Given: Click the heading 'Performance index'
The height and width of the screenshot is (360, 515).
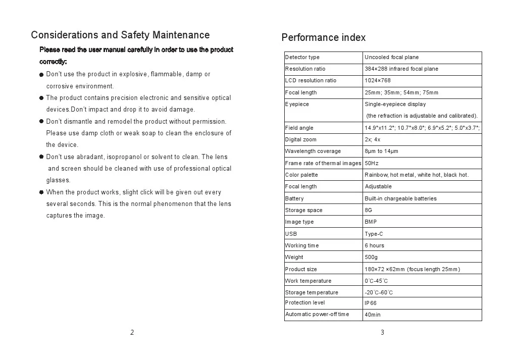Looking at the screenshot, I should point(323,38).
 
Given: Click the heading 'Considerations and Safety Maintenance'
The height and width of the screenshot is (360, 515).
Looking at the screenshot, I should point(120,35).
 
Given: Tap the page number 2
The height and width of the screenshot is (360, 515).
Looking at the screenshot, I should point(132,332).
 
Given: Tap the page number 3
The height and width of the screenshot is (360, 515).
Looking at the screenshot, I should point(382,332).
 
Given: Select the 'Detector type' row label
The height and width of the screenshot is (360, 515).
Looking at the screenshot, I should point(302,58).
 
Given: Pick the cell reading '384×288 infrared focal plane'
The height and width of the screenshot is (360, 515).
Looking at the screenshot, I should point(401,69).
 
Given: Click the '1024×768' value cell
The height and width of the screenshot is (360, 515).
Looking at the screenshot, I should point(378,81).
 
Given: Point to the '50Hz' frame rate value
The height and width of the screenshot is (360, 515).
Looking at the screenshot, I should point(372,164).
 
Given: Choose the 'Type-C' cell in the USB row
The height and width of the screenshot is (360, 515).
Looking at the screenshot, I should point(374,234).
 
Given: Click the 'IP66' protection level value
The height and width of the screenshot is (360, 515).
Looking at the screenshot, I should point(371,303).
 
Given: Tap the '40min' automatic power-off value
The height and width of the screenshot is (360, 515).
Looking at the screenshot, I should point(373,315).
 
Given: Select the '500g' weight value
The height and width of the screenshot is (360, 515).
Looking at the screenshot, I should point(371,258).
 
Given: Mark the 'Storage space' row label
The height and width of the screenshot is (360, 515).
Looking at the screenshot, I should point(303,211).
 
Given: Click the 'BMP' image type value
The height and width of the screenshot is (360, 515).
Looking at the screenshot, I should point(371,222).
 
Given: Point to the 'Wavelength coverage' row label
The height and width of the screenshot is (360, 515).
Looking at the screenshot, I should point(313,151).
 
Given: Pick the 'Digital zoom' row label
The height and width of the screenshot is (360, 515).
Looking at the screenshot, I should point(300,140).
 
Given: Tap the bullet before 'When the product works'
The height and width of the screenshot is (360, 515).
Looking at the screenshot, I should point(42,192).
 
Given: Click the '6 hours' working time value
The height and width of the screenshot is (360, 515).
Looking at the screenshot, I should point(374,246).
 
